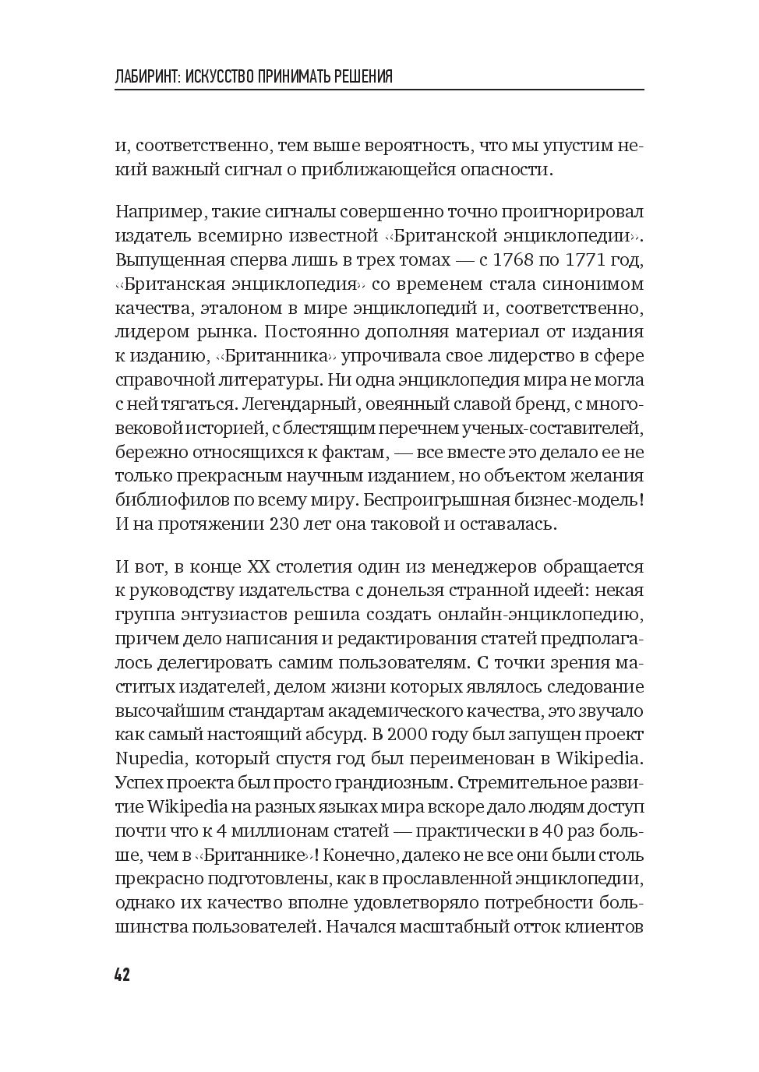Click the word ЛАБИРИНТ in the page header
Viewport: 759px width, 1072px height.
click(147, 76)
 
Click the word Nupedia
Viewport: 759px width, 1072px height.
click(148, 758)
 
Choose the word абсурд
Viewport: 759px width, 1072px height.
click(327, 734)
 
